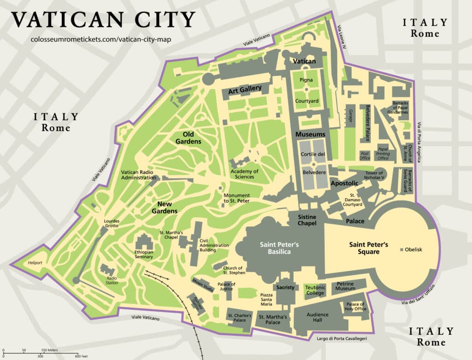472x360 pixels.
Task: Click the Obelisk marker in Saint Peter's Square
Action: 402,250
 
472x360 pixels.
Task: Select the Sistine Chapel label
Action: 307,220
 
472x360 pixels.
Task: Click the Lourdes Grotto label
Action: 111,223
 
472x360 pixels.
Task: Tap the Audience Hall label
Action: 318,318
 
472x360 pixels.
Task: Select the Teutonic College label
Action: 315,290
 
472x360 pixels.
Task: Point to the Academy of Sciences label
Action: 244,174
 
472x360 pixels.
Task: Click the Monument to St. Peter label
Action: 237,198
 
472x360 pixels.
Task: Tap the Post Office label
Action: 365,156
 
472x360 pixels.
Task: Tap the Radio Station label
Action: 112,281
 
